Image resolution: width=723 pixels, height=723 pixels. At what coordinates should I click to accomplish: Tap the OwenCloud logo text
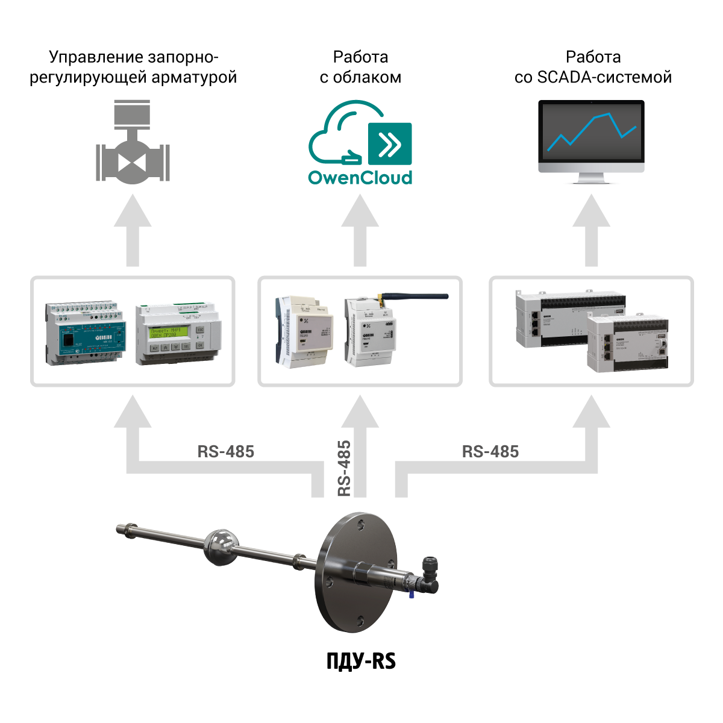[x=360, y=178]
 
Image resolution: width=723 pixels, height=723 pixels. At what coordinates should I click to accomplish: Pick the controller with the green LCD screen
[x=178, y=334]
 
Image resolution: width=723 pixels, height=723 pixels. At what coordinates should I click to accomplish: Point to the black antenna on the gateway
[x=416, y=296]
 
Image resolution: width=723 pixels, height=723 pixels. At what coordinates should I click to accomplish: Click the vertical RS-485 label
[x=344, y=468]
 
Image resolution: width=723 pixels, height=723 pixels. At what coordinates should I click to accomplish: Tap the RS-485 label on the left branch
[x=225, y=451]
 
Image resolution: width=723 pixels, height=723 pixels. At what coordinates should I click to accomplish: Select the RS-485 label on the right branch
[x=490, y=451]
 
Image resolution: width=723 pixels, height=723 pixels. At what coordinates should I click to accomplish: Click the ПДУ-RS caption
[x=361, y=661]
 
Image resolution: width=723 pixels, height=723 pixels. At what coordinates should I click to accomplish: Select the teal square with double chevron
[x=390, y=143]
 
